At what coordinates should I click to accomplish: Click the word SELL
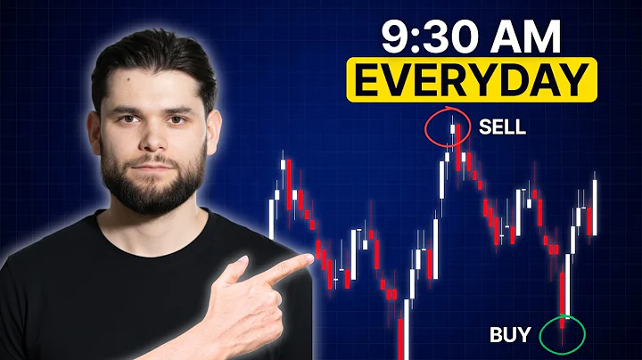[x=502, y=127]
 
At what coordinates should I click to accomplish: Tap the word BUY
[x=510, y=335]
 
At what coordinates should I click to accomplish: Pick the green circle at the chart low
[x=564, y=333]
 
